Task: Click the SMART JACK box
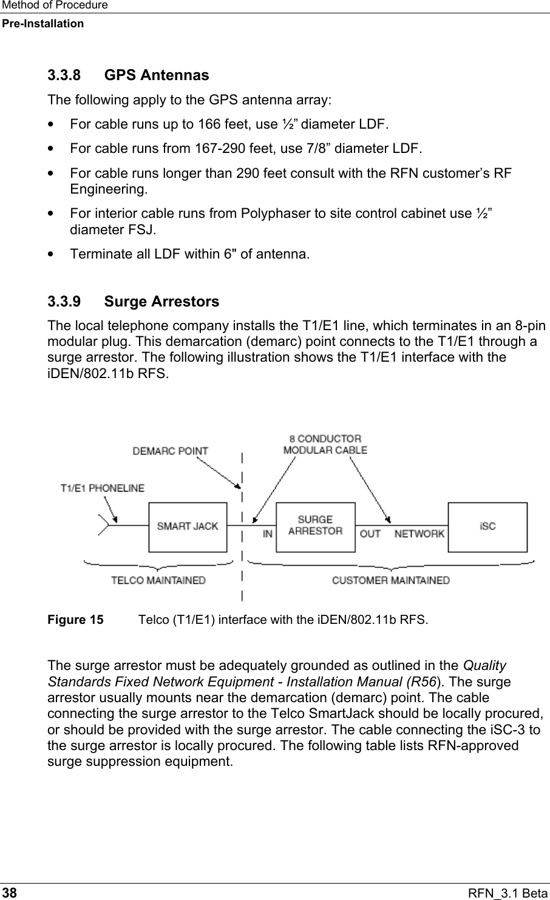pos(187,527)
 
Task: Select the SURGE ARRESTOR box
pos(315,526)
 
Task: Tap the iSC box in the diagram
pos(487,527)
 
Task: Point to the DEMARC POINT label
pos(170,451)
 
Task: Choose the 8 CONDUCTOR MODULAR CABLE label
pos(325,444)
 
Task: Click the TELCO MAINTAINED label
pos(158,580)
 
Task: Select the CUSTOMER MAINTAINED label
pos(390,580)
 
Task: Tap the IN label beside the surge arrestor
pos(267,534)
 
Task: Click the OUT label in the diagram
pos(370,534)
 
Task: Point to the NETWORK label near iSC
pos(419,534)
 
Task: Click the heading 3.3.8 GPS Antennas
pos(128,76)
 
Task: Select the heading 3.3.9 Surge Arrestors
pos(133,302)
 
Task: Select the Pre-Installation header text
pos(42,24)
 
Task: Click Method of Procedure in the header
pos(54,5)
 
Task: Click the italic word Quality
pos(484,666)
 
